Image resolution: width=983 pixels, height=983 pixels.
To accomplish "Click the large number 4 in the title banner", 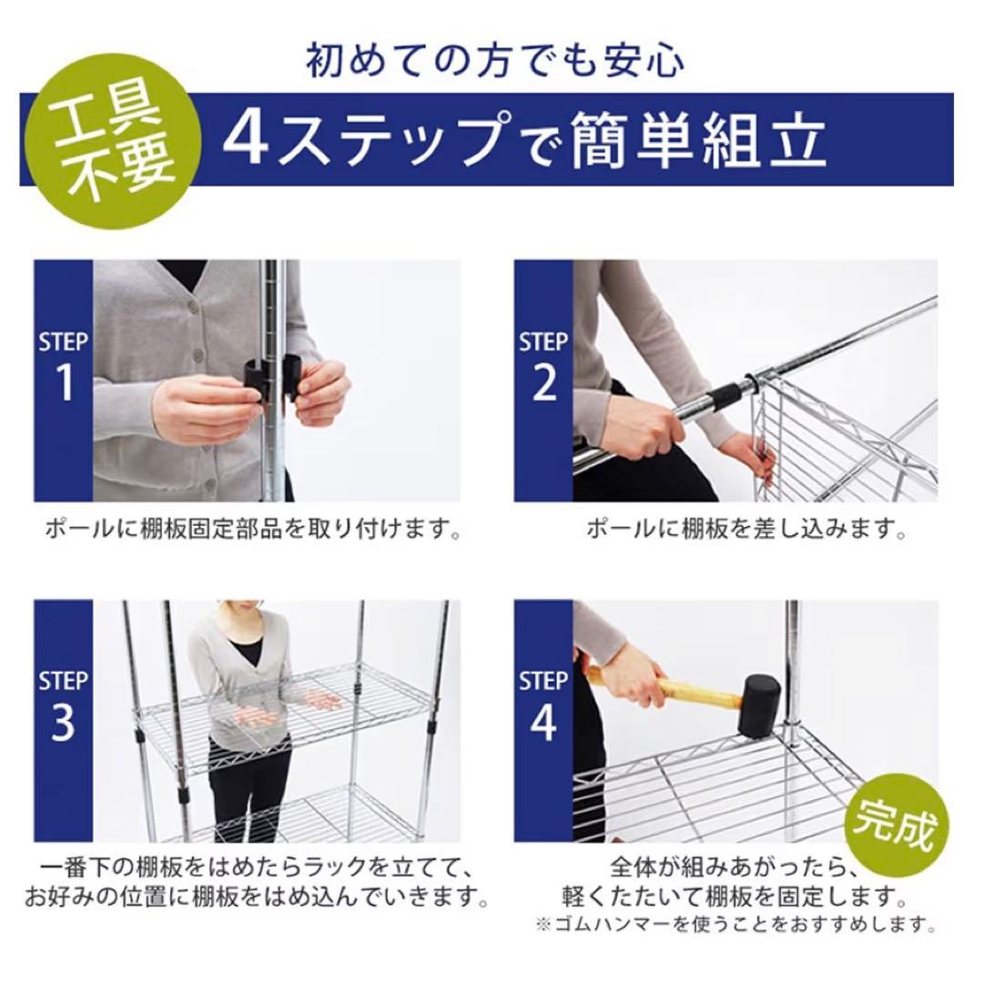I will tap(247, 139).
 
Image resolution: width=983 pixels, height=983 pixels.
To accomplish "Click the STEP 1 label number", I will tap(64, 382).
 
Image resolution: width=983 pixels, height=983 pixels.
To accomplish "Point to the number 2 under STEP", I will tap(543, 382).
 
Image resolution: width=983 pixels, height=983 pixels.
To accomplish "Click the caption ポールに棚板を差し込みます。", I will tap(746, 529).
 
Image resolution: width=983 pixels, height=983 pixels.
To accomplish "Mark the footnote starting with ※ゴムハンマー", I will tap(735, 925).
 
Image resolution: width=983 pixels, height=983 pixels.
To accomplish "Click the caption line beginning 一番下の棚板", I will tap(255, 866).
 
